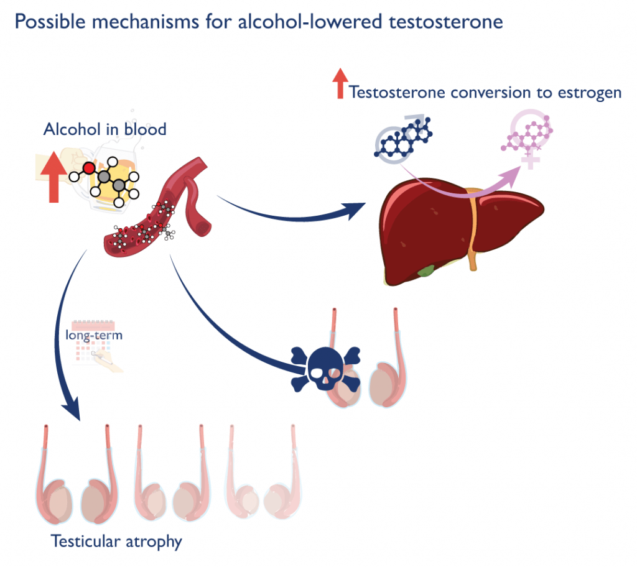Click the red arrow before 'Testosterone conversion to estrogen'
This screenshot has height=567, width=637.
[340, 84]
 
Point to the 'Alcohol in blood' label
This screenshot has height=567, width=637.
[105, 129]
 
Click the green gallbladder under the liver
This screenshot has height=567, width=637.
[426, 271]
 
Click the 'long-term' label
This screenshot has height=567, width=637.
[94, 335]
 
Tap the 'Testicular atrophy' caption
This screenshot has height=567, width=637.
[116, 541]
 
